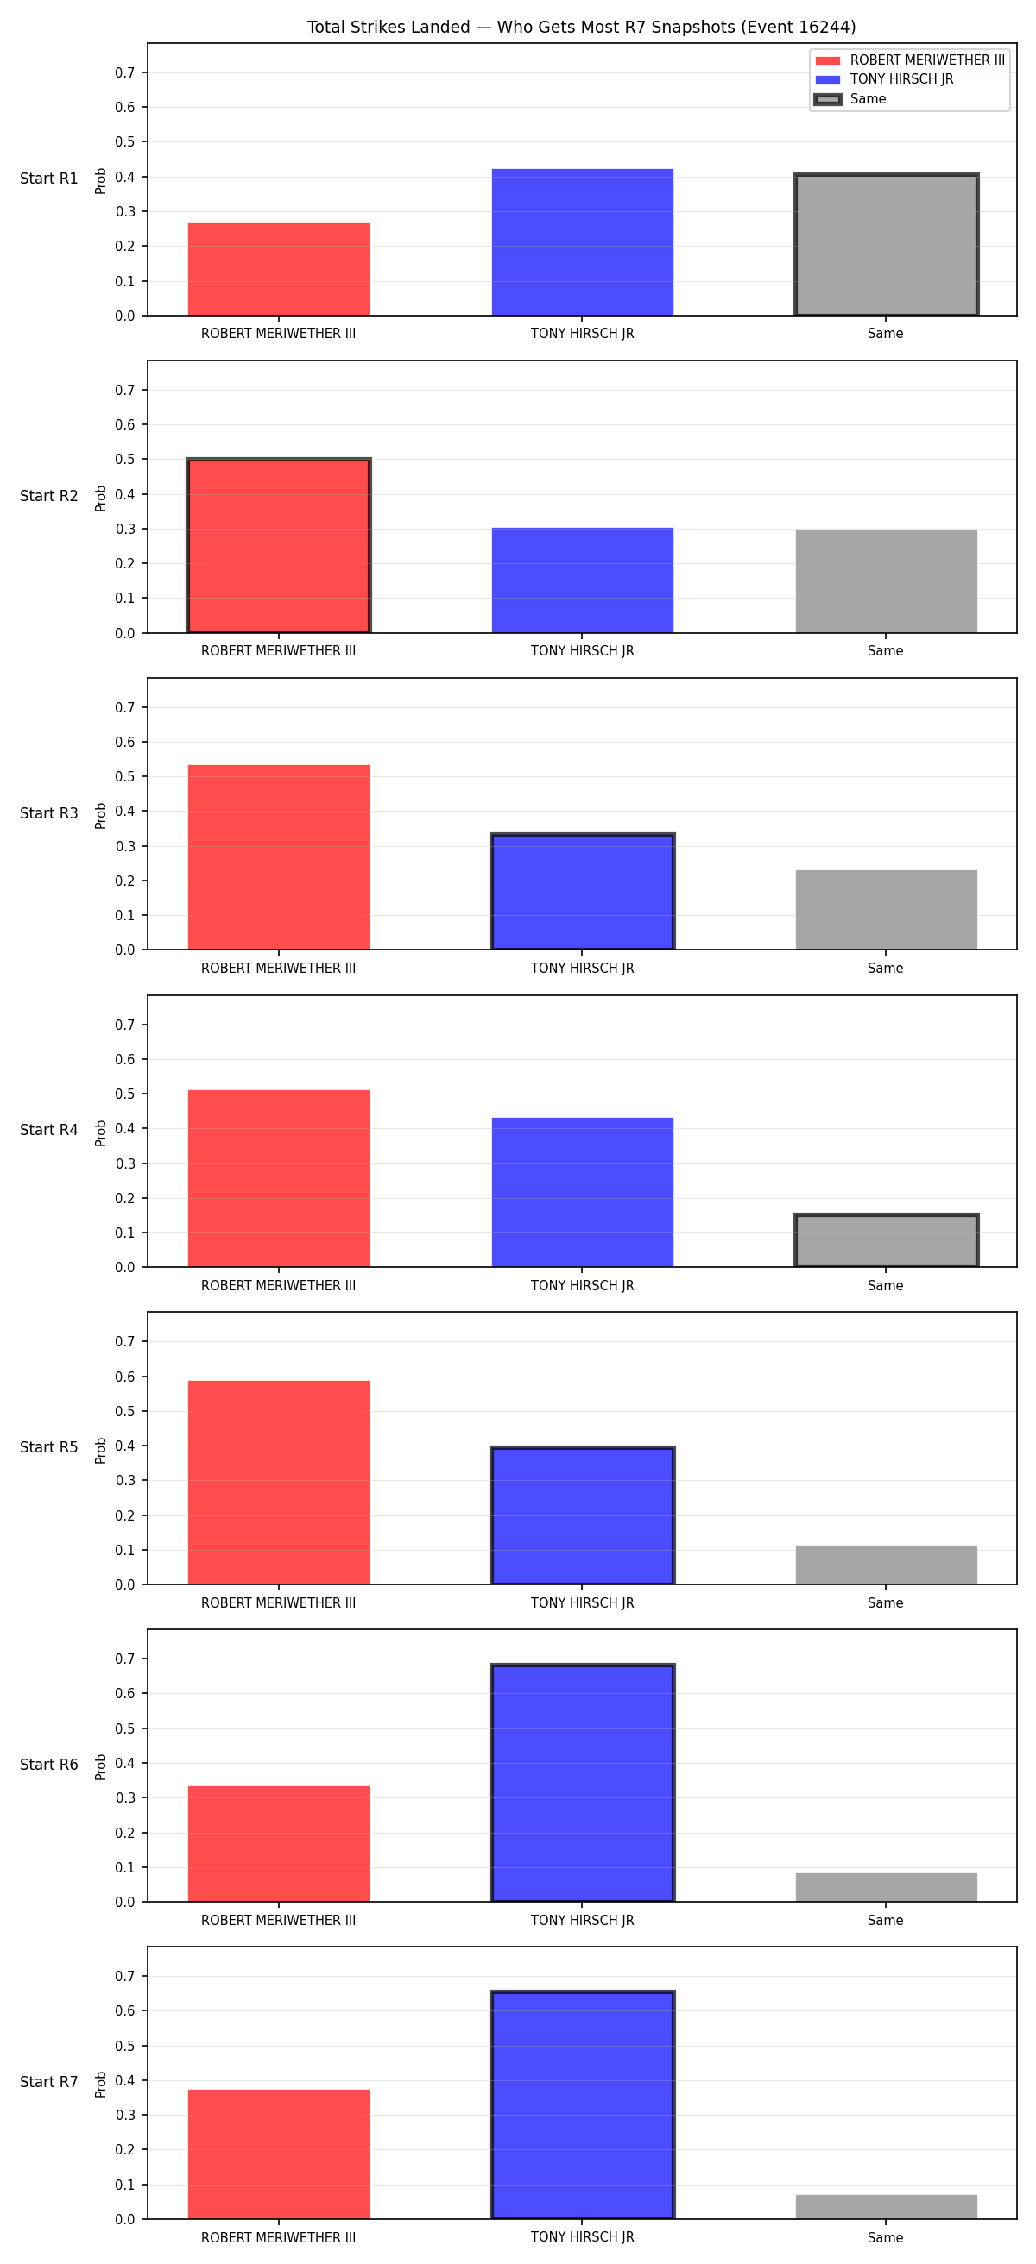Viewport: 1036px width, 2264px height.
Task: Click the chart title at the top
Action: tap(581, 28)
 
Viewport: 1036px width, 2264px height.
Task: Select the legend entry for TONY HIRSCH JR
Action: tap(885, 79)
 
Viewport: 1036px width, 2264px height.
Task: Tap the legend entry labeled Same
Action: tap(851, 99)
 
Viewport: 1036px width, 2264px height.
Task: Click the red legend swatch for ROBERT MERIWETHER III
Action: tap(828, 60)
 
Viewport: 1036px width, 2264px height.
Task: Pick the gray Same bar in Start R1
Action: tap(887, 244)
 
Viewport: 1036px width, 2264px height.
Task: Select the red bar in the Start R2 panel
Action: tap(279, 546)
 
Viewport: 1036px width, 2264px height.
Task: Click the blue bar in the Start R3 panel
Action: tap(582, 891)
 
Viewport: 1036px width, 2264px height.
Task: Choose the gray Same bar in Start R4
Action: tap(887, 1240)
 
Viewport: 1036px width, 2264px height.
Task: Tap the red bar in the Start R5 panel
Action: tap(279, 1482)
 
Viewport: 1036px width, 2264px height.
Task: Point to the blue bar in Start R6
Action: tap(582, 1783)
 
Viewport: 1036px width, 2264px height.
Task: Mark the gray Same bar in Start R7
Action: tap(887, 2206)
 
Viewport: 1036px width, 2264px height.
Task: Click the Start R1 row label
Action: tap(49, 179)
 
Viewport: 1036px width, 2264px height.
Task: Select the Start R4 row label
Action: tap(49, 1130)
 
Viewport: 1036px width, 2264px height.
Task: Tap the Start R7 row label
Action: tap(49, 2082)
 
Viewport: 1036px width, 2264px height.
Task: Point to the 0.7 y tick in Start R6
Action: tap(125, 1659)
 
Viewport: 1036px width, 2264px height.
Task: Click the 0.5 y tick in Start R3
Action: tap(125, 777)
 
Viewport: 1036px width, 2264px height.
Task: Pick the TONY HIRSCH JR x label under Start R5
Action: tap(582, 1603)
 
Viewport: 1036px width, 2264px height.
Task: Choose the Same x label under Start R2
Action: tap(886, 651)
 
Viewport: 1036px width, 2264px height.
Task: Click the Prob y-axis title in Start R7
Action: tap(101, 2084)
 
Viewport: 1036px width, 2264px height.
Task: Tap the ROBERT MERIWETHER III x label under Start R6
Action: tap(279, 1921)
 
